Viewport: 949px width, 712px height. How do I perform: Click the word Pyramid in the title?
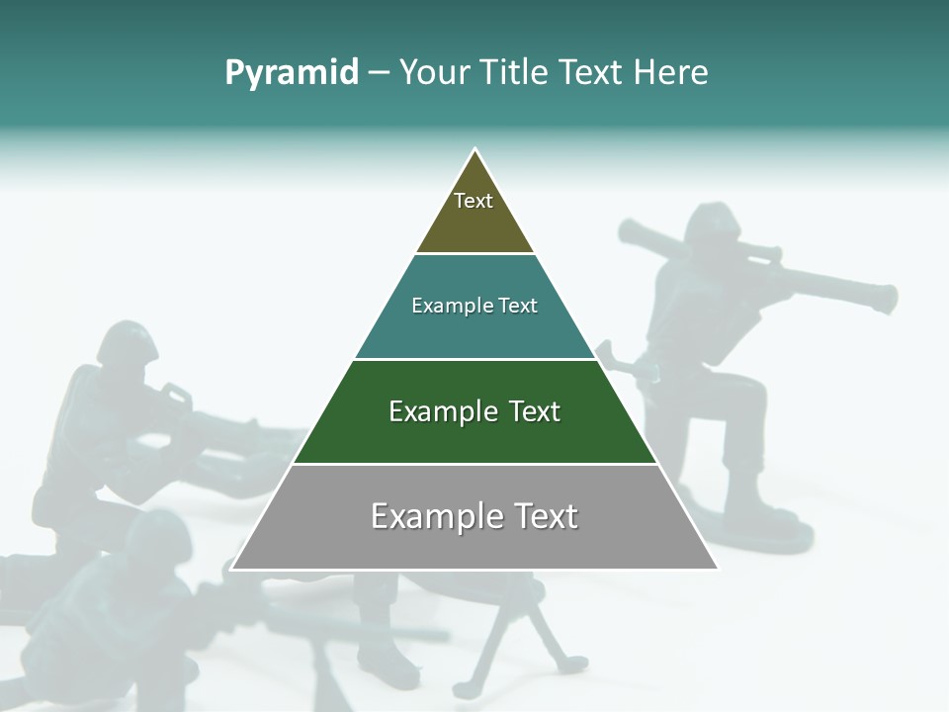point(292,73)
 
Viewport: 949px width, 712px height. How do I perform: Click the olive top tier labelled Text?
point(474,208)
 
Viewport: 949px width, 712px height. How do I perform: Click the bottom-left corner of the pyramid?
point(233,569)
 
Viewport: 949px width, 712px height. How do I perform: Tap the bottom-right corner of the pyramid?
point(717,569)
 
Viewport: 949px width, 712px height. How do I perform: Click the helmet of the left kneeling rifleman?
point(129,342)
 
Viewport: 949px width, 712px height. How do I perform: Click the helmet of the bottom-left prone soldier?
point(158,534)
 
